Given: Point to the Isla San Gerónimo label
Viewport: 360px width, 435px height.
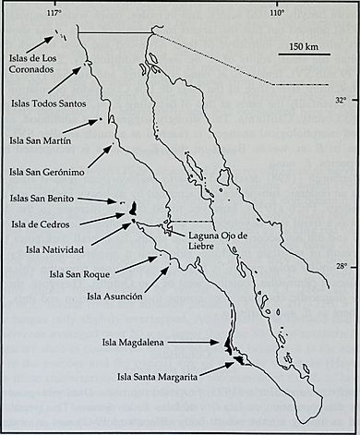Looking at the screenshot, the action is coord(47,171).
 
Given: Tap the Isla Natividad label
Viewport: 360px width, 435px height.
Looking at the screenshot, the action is coord(50,248).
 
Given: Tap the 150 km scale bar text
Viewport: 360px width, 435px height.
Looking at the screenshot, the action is coord(303,46).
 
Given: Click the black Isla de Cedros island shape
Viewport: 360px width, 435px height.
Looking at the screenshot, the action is coord(134,207).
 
